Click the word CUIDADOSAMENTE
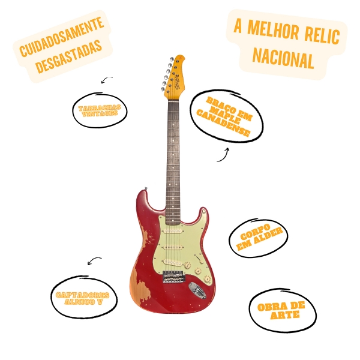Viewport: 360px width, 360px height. (61, 37)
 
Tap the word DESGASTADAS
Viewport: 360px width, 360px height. (68, 56)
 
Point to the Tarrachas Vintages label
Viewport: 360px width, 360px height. (100, 110)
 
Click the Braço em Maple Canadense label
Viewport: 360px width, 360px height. (226, 116)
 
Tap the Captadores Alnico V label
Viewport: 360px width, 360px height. (83, 298)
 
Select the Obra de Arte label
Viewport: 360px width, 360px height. (281, 311)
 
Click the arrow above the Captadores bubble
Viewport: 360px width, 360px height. (94, 261)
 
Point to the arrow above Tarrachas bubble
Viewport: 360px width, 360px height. (107, 80)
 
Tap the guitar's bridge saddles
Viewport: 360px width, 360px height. (173, 277)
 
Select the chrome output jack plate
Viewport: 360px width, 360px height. (197, 291)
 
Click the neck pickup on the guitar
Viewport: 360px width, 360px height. (173, 230)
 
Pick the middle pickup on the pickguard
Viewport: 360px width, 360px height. (173, 247)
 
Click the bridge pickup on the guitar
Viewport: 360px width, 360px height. (173, 263)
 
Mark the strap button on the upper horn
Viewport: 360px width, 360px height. (145, 189)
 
